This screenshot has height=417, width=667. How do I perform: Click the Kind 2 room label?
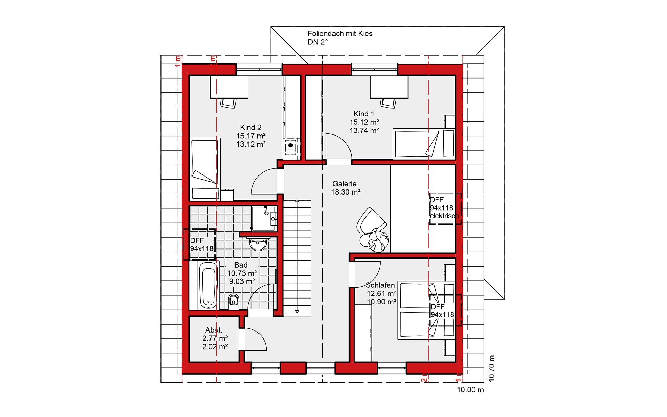(x=250, y=128)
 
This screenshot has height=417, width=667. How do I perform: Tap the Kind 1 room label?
(x=364, y=114)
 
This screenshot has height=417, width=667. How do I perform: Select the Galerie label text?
(x=344, y=183)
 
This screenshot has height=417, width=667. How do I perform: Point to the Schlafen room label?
(x=380, y=285)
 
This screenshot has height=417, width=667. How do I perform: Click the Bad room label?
(x=241, y=265)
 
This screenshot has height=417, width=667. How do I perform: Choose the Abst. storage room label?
(x=214, y=330)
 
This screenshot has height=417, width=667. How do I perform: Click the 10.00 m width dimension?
(x=470, y=390)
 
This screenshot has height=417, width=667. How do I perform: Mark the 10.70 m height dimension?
(x=491, y=368)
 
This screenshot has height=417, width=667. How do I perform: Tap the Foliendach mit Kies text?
(x=340, y=34)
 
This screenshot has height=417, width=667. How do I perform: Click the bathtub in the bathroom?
(x=208, y=285)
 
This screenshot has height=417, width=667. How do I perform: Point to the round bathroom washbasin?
(x=258, y=244)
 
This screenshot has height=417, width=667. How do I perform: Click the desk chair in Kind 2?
(x=228, y=103)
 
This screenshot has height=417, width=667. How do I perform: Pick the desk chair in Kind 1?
(x=388, y=103)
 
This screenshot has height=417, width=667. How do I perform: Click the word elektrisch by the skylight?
(x=444, y=216)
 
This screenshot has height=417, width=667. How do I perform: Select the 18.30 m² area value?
(x=346, y=192)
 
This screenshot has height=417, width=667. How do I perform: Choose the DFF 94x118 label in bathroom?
(x=202, y=245)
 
